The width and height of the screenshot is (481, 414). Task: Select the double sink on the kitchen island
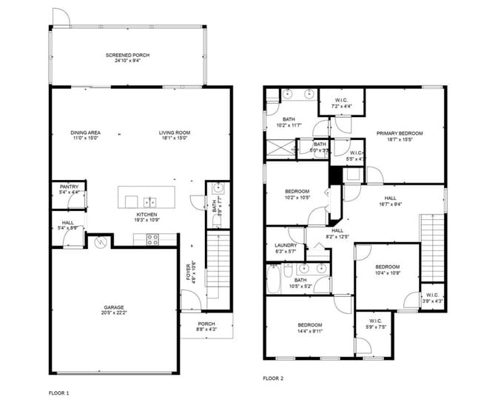pos(151,201)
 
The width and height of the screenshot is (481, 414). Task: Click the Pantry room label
pos(67,189)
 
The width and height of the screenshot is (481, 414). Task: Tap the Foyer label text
pos(189,273)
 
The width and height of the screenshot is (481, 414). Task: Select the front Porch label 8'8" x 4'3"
pos(206,327)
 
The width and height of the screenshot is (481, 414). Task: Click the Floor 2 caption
pos(273,378)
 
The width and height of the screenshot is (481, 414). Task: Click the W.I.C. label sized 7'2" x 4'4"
pos(341,103)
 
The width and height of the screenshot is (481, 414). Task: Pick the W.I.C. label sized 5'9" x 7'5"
pos(377,324)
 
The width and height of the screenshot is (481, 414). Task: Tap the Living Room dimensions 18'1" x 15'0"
pos(174,138)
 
